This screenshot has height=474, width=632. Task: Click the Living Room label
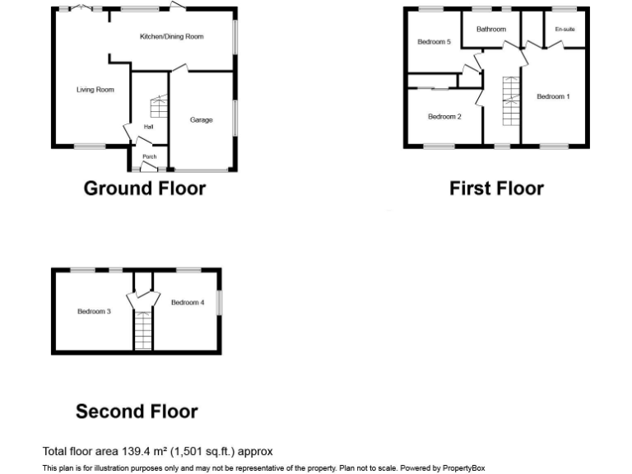click(95, 90)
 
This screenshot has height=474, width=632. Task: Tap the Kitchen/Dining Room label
click(171, 36)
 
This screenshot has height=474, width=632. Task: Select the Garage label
click(202, 120)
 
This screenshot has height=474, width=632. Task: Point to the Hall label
click(148, 127)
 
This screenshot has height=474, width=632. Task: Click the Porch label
click(149, 156)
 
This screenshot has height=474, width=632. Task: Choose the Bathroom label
click(490, 30)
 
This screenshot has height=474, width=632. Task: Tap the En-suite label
click(565, 30)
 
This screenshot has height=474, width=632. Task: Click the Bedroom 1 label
click(553, 97)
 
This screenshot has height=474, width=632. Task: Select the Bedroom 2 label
click(444, 117)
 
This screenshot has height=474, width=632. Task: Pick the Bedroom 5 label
click(434, 42)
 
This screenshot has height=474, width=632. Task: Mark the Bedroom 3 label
click(94, 312)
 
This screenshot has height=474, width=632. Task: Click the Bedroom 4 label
click(188, 303)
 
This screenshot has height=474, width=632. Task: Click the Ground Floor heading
click(145, 188)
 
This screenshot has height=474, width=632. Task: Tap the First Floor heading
click(496, 188)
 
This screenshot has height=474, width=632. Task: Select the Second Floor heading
click(137, 411)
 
